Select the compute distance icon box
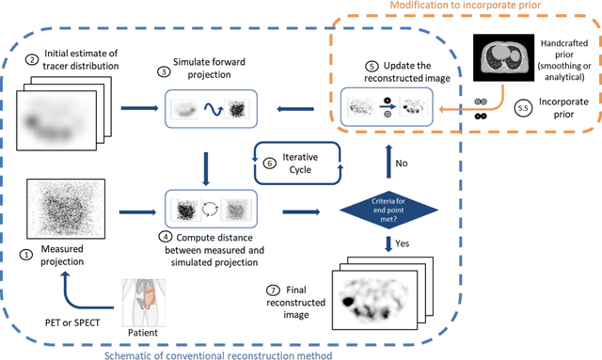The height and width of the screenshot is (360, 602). tap(206, 206)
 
